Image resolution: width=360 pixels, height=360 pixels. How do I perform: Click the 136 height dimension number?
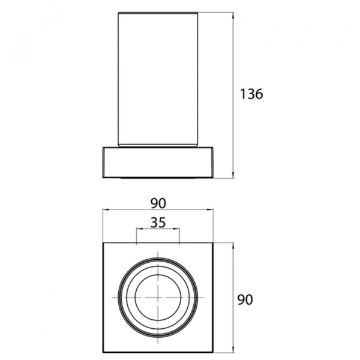tap(251, 94)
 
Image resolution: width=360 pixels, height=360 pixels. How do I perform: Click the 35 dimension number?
tap(158, 223)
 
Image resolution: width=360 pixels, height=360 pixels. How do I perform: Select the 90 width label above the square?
tap(158, 203)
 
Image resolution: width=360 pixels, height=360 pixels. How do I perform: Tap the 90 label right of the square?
tap(245, 299)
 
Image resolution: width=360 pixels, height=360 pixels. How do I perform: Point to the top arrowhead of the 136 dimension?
tap(233, 16)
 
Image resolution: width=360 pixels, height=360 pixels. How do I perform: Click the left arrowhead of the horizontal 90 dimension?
tap(106, 209)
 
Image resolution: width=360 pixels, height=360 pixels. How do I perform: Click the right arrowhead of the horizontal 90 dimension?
tap(210, 209)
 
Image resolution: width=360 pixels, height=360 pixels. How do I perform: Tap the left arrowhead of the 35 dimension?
tap(140, 229)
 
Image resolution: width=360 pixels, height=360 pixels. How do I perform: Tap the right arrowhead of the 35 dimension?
tap(176, 229)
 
